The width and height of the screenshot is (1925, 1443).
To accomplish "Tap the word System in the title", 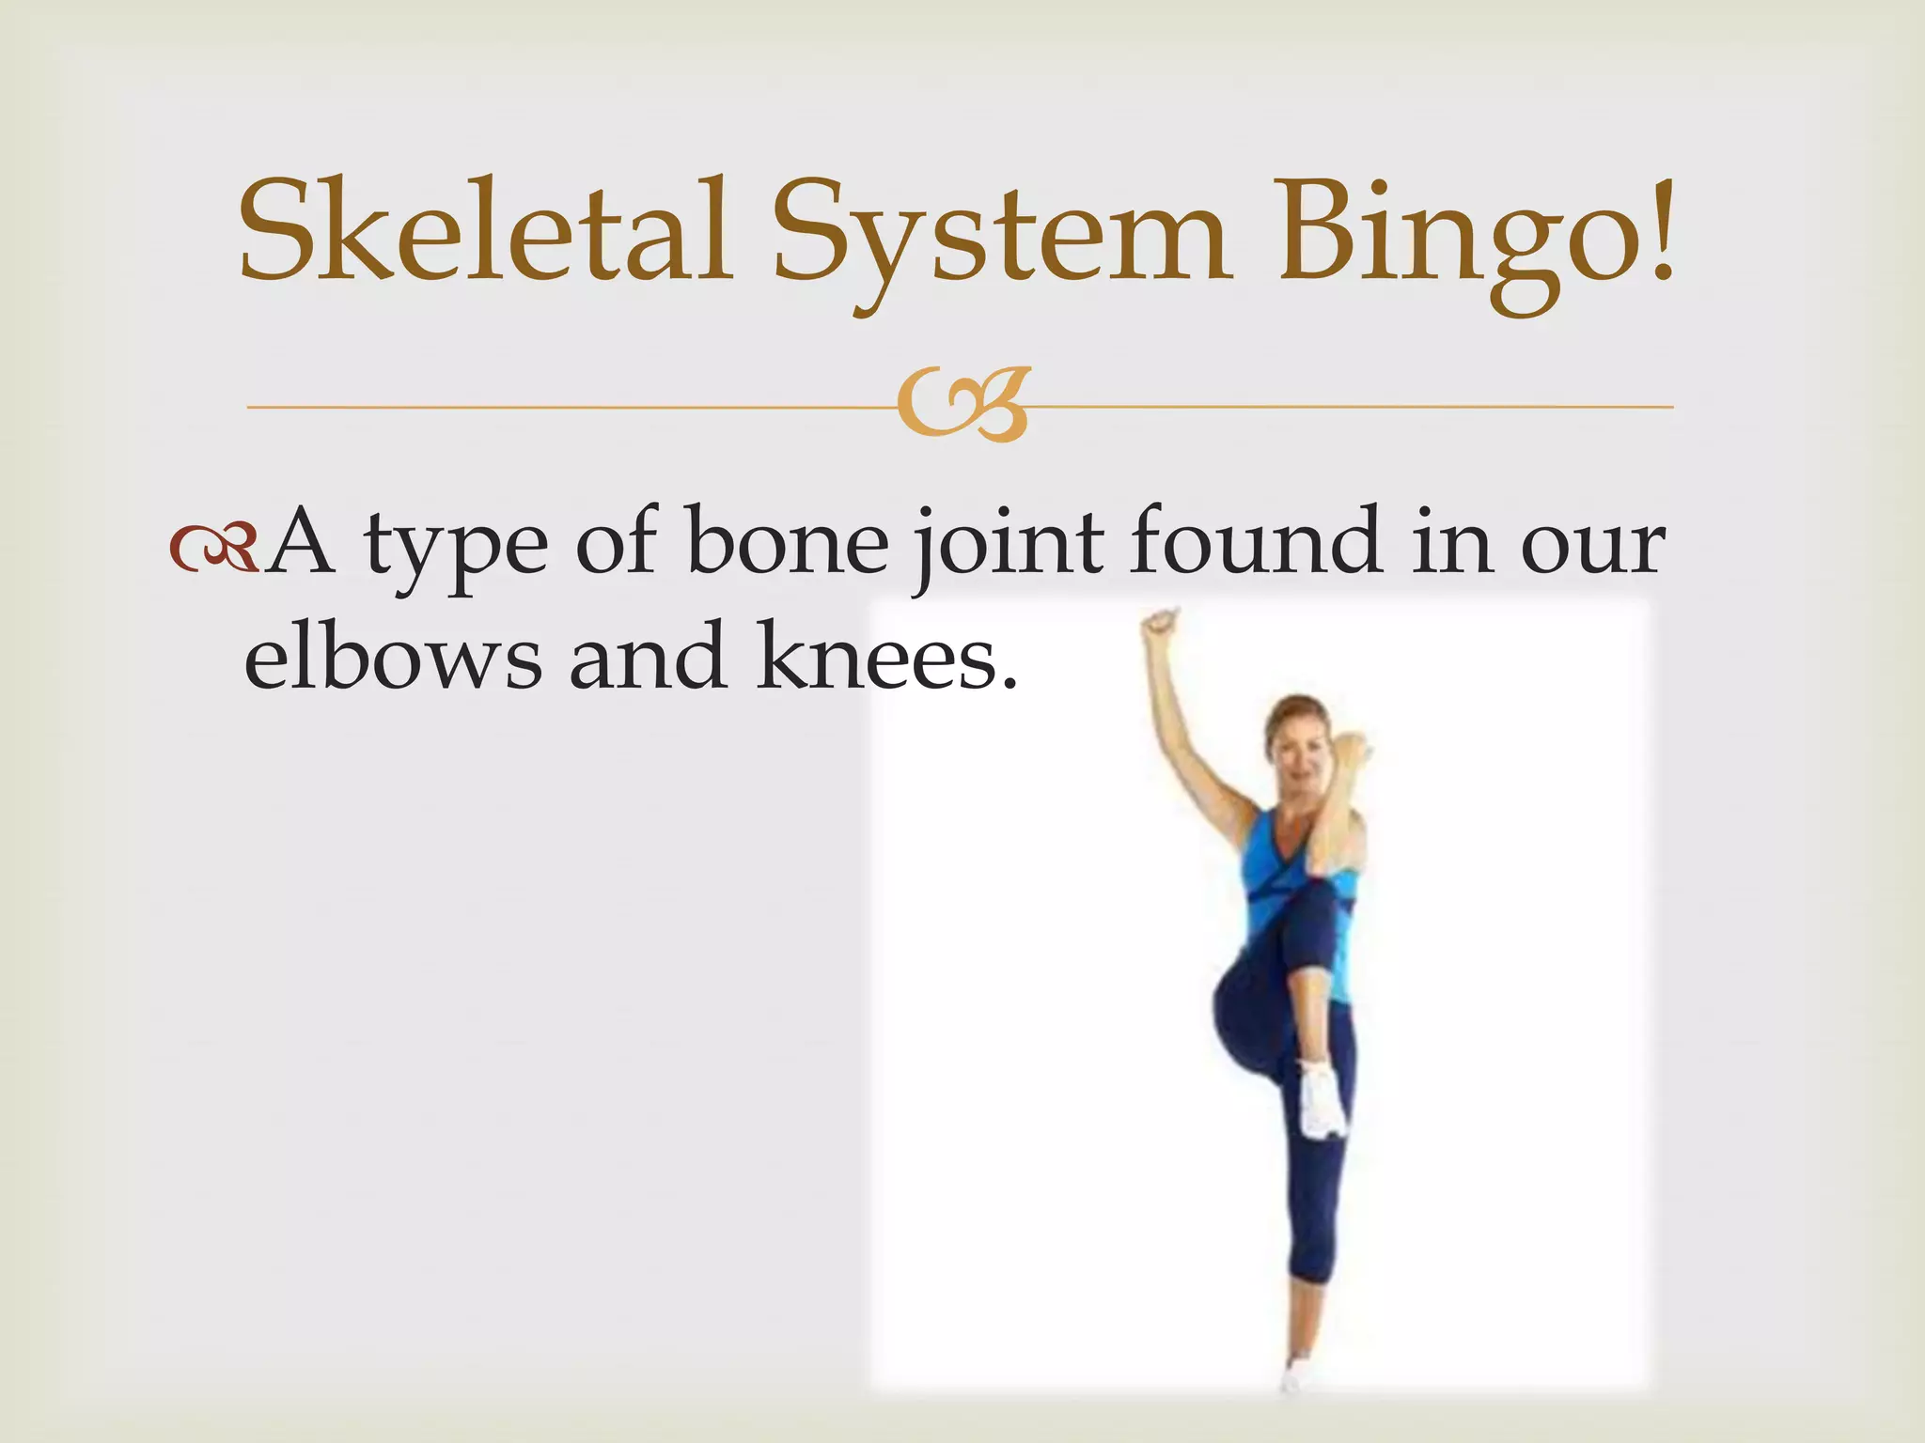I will [x=1002, y=235].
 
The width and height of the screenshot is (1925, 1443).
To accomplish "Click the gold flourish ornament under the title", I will [x=962, y=406].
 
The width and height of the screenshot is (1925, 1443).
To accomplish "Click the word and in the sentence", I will [x=648, y=656].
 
